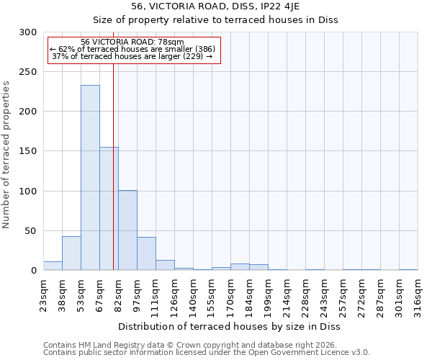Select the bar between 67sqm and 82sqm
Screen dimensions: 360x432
(109, 209)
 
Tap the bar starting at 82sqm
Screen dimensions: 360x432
(127, 230)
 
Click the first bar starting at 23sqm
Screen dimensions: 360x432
(53, 266)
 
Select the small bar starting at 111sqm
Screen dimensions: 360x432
(165, 265)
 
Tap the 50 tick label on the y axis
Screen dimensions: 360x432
(31, 231)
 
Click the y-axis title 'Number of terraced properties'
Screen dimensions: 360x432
(6, 155)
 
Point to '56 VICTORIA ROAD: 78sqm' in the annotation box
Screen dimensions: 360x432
(132, 42)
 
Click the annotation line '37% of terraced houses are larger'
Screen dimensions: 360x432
(132, 56)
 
